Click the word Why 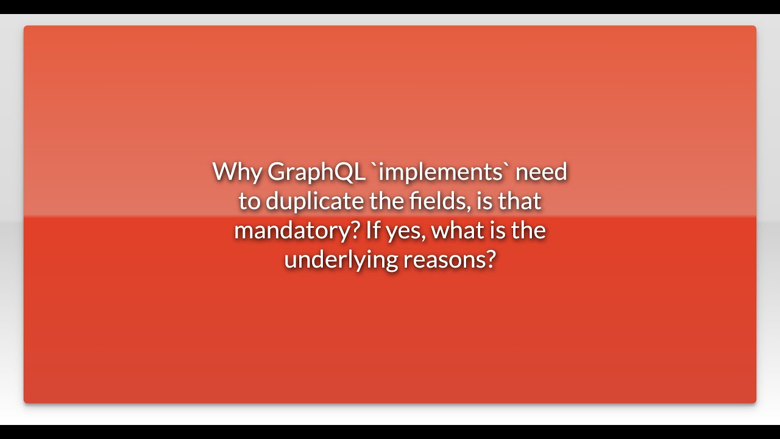(237, 172)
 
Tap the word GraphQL (316, 172)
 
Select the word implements (441, 172)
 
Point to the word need (541, 172)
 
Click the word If (373, 230)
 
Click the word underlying (341, 260)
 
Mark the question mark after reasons (491, 260)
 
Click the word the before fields (386, 201)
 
